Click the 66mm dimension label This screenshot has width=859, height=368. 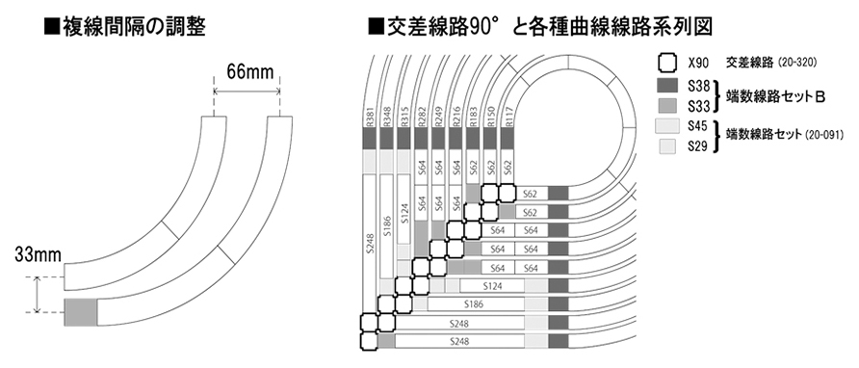coord(247,71)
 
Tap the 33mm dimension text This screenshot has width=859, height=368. coord(38,255)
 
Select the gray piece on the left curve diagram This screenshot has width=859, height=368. coord(81,312)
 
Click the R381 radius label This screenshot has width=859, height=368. coord(370,117)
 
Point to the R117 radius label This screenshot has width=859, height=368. coord(508,117)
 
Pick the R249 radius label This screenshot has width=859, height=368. coord(439,117)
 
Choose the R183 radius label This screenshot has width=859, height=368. coord(474,117)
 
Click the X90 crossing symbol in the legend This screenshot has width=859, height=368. coord(667,64)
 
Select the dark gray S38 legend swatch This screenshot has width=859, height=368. coord(667,85)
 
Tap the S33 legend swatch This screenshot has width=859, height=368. coord(667,105)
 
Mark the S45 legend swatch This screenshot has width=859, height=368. coord(667,126)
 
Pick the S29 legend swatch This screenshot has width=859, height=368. coord(667,145)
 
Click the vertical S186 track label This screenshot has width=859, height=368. coord(387,224)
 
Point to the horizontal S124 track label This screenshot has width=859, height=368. coord(493,286)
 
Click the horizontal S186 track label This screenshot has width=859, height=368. coord(476,303)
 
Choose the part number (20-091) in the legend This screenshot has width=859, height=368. coord(822,133)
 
